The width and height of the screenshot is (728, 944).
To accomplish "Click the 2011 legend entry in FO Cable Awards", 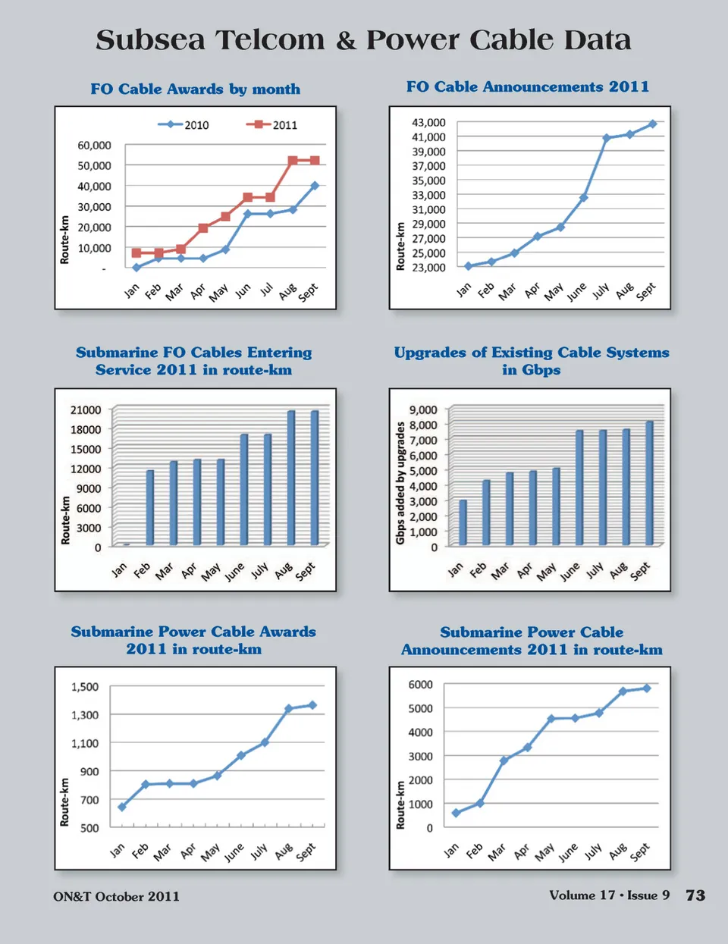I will pyautogui.click(x=271, y=125).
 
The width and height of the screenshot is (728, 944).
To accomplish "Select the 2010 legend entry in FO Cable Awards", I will pyautogui.click(x=184, y=125).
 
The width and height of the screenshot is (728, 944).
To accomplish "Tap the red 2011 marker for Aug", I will pyautogui.click(x=293, y=161).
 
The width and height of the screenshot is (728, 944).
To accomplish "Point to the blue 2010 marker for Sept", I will pyautogui.click(x=315, y=185).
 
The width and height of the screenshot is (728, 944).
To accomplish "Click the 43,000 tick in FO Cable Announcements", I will pyautogui.click(x=428, y=122).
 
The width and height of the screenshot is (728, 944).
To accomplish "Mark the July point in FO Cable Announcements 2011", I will pyautogui.click(x=607, y=138).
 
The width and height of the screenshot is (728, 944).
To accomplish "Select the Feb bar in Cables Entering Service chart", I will pyautogui.click(x=150, y=507).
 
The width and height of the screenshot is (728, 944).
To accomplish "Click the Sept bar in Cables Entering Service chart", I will pyautogui.click(x=315, y=478).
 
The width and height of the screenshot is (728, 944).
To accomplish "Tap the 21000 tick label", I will pyautogui.click(x=86, y=410).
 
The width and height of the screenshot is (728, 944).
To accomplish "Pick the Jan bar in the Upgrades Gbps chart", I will pyautogui.click(x=463, y=522).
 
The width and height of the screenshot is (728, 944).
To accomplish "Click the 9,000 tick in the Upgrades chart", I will pyautogui.click(x=423, y=410).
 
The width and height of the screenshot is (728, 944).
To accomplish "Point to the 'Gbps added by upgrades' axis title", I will pyautogui.click(x=400, y=483).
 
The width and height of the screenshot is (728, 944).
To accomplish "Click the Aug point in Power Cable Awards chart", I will pyautogui.click(x=288, y=709).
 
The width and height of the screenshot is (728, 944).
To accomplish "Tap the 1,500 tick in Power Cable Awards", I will pyautogui.click(x=85, y=687).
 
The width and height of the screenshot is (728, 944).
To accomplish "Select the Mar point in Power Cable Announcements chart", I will pyautogui.click(x=504, y=761).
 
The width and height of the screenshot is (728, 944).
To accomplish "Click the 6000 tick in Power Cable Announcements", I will pyautogui.click(x=421, y=685).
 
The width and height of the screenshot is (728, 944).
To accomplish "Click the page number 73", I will pyautogui.click(x=695, y=895).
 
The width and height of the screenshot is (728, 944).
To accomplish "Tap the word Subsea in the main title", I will pyautogui.click(x=150, y=40).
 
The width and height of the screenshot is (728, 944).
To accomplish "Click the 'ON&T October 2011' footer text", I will pyautogui.click(x=116, y=896).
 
